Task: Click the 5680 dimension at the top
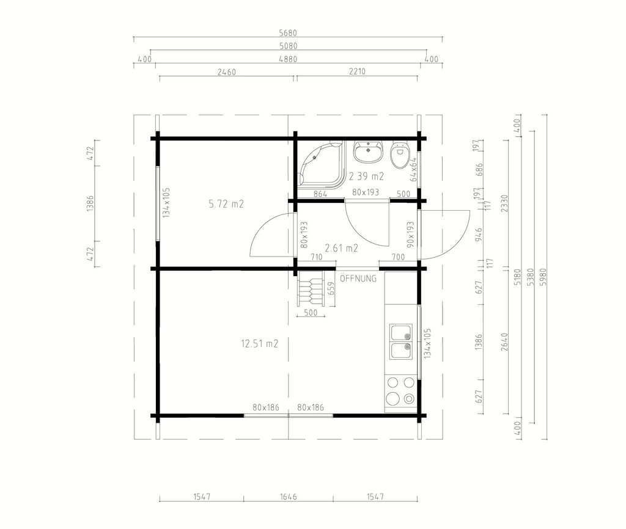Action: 288,33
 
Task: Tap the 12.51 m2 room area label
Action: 259,343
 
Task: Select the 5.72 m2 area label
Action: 226,204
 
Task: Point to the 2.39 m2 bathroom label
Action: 367,177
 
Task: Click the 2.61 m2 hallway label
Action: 341,248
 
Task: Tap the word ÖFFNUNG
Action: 358,279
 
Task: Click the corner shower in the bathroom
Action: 322,164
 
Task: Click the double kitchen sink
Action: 401,341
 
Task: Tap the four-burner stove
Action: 400,393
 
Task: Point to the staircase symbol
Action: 311,287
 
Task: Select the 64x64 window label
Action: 414,170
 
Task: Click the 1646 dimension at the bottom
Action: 289,497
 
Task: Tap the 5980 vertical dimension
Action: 543,277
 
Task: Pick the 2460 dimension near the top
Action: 226,72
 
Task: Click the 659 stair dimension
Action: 331,288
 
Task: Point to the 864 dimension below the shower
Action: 320,194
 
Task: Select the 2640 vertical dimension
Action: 504,342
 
